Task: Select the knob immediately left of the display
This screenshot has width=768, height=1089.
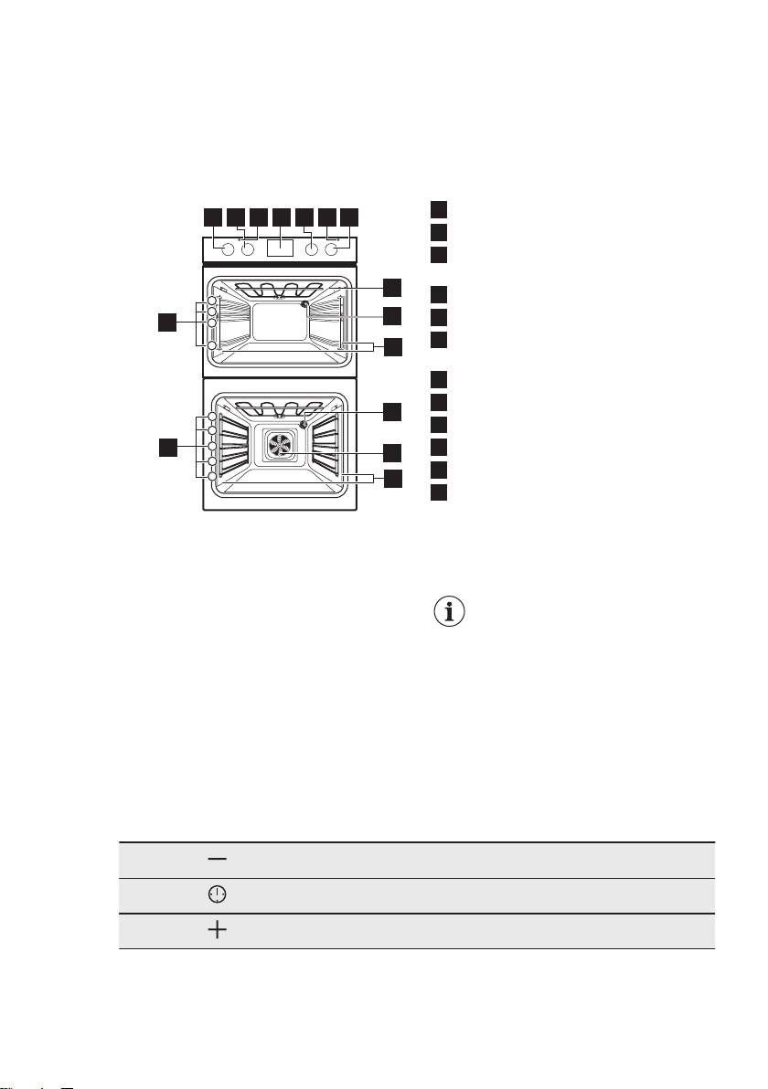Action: tap(247, 248)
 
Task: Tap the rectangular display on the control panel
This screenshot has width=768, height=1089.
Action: tap(281, 247)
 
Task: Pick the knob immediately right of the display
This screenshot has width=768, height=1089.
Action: tap(312, 248)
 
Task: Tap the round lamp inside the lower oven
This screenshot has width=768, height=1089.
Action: tap(304, 425)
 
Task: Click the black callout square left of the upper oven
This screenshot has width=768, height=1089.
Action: tap(166, 322)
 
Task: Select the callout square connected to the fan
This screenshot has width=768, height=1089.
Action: tap(391, 451)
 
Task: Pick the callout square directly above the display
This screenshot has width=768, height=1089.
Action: tap(281, 217)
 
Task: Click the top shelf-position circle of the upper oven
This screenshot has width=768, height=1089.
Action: tap(211, 301)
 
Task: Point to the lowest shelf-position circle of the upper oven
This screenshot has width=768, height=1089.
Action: tap(211, 345)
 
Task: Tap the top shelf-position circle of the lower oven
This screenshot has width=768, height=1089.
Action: tap(211, 419)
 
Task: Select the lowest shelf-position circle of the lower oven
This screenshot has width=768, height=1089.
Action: tap(211, 476)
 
